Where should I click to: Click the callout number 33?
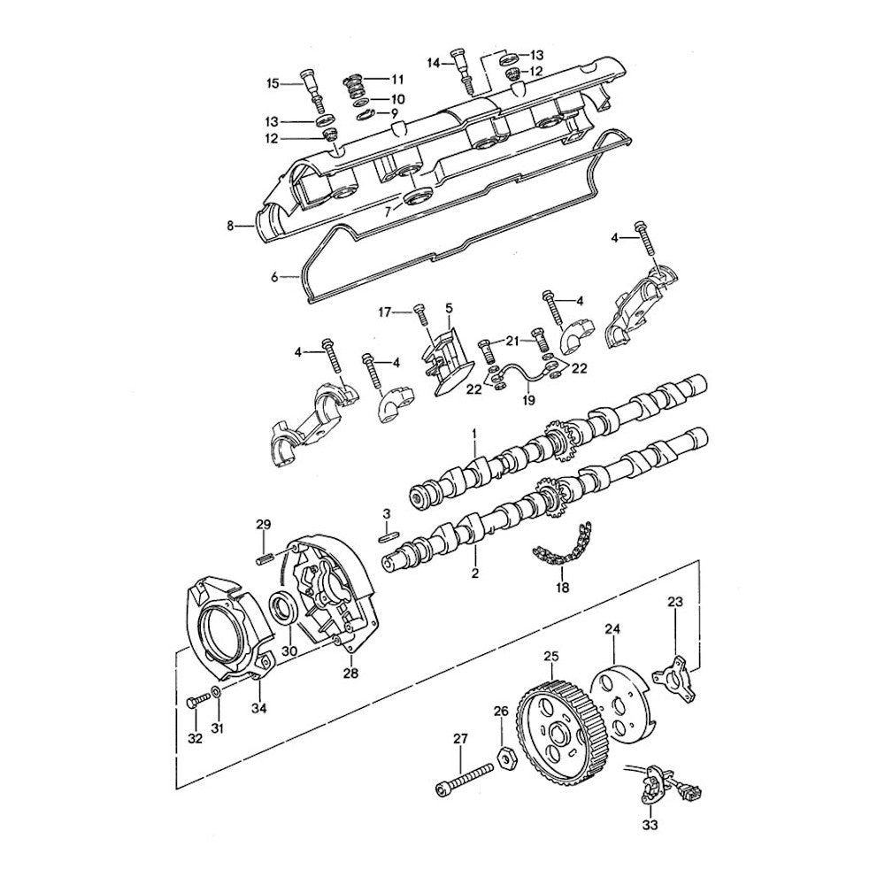pos(650,825)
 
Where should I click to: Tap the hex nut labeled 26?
pos(505,758)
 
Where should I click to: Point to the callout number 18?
pos(562,588)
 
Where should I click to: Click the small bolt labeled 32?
pos(198,702)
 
